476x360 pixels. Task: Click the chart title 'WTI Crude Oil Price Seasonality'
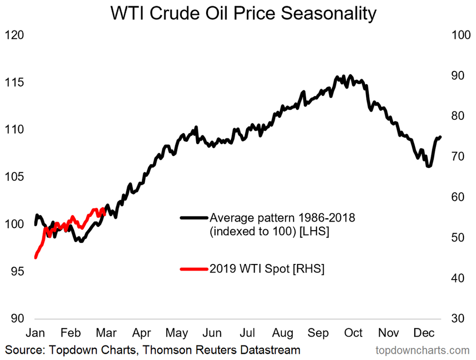tap(243, 13)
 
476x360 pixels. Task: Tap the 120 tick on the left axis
tap(14, 35)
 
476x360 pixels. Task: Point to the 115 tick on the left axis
tap(14, 83)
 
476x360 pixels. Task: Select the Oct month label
tap(354, 332)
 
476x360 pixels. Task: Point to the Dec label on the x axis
tap(423, 332)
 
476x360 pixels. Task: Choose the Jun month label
tap(213, 332)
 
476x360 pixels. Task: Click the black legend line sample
tap(194, 218)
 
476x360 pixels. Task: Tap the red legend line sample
tap(194, 269)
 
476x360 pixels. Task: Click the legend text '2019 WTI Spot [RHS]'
tap(267, 269)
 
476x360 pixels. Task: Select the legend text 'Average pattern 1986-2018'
tap(283, 218)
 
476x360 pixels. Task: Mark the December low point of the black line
tap(429, 166)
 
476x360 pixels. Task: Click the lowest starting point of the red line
tap(35, 258)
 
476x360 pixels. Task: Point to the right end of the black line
tap(440, 137)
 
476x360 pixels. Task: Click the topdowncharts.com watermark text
tap(422, 351)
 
